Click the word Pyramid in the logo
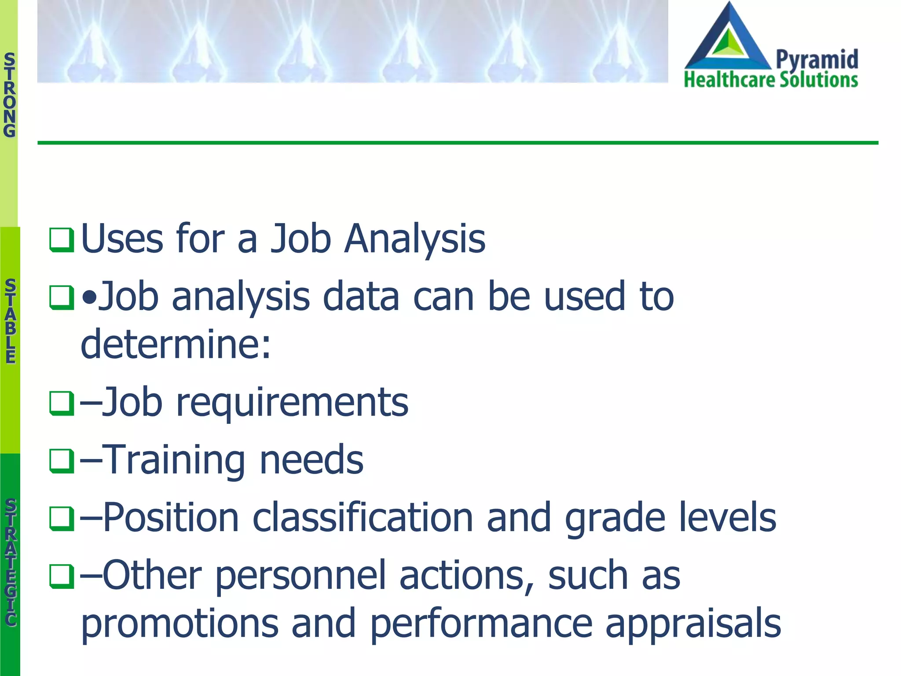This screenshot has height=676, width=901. pyautogui.click(x=817, y=59)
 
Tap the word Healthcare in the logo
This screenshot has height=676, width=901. pyautogui.click(x=729, y=80)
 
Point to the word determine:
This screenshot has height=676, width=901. pyautogui.click(x=176, y=344)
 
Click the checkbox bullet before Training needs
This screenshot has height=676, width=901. pyautogui.click(x=61, y=461)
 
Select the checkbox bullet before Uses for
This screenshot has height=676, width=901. pyautogui.click(x=61, y=240)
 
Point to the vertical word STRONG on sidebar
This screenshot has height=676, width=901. pyautogui.click(x=9, y=95)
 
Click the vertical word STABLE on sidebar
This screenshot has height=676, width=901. pyautogui.click(x=10, y=321)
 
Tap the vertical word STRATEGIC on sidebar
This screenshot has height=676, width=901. pyautogui.click(x=11, y=562)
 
